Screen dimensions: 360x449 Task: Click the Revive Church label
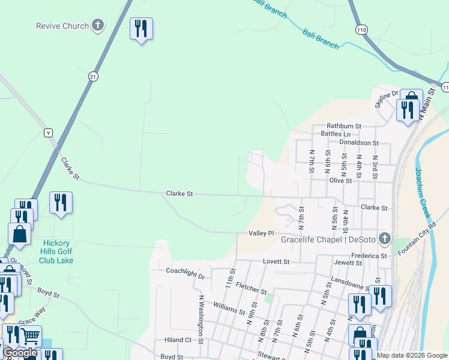click(x=62, y=26)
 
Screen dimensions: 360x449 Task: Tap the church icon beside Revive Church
click(x=98, y=26)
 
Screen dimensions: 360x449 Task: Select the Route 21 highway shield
click(x=92, y=76)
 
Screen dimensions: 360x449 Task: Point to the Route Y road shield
click(x=49, y=132)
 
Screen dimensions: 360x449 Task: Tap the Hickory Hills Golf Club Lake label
click(x=56, y=251)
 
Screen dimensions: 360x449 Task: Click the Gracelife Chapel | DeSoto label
click(x=328, y=240)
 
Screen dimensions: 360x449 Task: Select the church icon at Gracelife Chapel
click(x=385, y=240)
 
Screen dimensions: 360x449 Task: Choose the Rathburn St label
click(x=344, y=126)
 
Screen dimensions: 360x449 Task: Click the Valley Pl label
click(x=261, y=233)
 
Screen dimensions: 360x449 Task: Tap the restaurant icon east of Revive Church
click(x=141, y=28)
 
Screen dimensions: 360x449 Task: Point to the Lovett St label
click(x=276, y=262)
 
